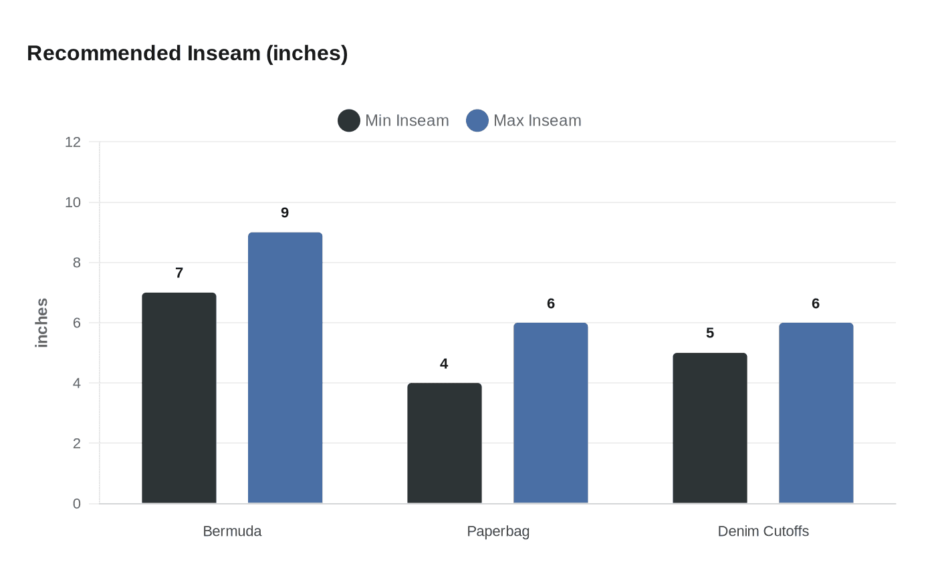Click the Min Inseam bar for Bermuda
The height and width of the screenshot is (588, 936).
coord(179,398)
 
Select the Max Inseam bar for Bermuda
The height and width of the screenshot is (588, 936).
coord(285,367)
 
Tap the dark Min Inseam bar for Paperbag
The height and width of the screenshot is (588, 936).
coord(444,443)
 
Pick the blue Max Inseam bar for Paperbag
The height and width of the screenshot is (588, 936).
coord(550,413)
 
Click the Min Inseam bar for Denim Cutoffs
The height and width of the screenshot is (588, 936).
coord(709,428)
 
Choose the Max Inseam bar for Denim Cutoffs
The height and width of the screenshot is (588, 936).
coord(816,413)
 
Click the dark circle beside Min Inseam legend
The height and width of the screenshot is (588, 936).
coord(349,120)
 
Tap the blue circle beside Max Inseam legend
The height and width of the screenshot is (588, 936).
coord(477,120)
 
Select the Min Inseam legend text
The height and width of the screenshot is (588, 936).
coord(406,120)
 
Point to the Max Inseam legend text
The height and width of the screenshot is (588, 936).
coord(537,120)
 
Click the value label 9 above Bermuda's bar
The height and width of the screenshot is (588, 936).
coord(285,213)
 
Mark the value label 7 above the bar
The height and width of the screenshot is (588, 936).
coord(179,273)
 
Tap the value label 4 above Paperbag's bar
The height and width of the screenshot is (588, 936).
coord(444,364)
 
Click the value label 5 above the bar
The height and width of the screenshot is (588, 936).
coord(710,333)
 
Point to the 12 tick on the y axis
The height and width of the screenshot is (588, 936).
coord(73,142)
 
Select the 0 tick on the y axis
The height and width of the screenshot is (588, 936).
coord(77,504)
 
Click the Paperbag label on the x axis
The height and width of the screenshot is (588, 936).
coord(498,531)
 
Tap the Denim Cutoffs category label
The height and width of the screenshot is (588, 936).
coord(763,531)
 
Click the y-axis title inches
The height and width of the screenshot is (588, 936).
coord(42,323)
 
